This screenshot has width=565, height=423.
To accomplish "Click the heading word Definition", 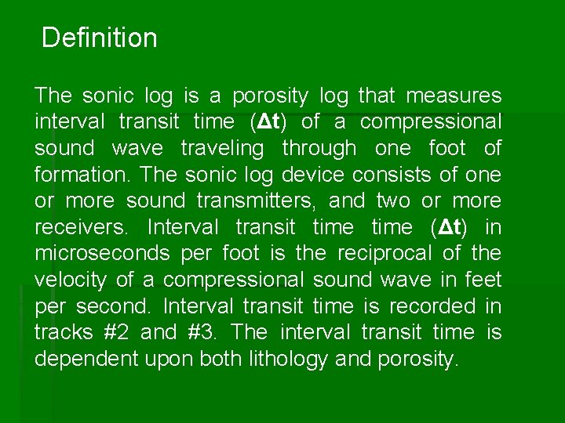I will click(x=99, y=38).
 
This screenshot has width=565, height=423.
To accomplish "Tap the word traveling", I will click(x=222, y=148).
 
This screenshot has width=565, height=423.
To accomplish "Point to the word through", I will click(x=319, y=148).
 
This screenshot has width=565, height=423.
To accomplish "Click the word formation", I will click(x=75, y=175).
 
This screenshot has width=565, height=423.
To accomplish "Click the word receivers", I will click(x=77, y=227).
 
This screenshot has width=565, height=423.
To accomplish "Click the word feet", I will click(x=483, y=280).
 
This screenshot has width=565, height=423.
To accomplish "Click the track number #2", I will click(x=117, y=332).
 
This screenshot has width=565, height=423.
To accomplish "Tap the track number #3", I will click(x=202, y=332).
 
